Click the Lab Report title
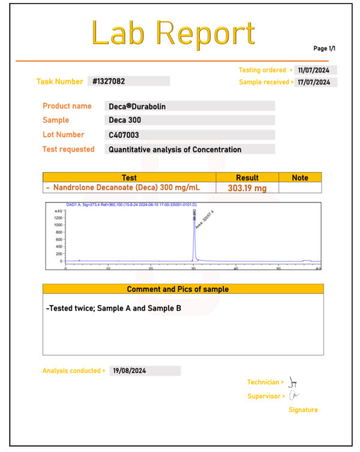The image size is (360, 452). [x=173, y=34]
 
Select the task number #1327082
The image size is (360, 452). [x=109, y=81]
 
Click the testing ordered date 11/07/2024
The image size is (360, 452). [x=317, y=70]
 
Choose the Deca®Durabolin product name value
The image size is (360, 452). [x=137, y=106]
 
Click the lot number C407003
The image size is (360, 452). [x=124, y=135]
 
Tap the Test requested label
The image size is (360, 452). [x=68, y=149]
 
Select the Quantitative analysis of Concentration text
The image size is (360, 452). [x=175, y=149]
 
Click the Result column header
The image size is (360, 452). [x=247, y=177]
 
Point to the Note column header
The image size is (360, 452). [x=300, y=177]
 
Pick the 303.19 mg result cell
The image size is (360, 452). [x=247, y=188]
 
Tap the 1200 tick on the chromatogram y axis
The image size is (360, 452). [x=58, y=218]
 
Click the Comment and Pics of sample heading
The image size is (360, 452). [x=178, y=289]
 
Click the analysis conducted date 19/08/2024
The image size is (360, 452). [x=129, y=370]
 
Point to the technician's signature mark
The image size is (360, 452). [x=293, y=382]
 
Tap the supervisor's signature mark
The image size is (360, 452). [x=293, y=396]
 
